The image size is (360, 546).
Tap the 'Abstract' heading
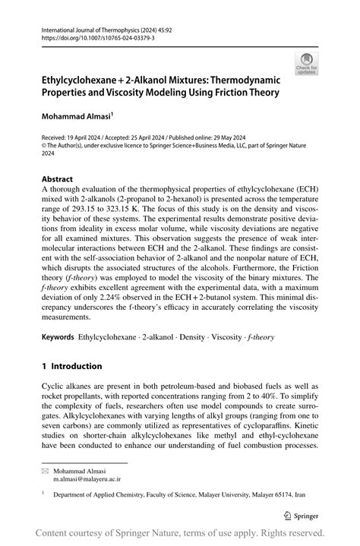pos(58,181)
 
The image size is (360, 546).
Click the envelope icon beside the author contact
pos(45,471)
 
